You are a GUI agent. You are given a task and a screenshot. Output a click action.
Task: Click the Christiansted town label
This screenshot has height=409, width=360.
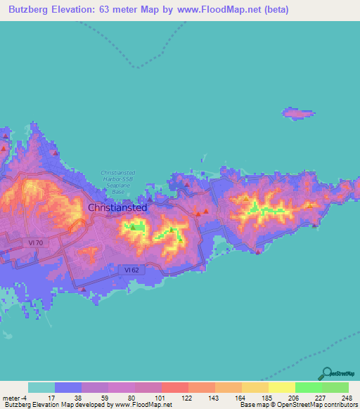[x=117, y=208]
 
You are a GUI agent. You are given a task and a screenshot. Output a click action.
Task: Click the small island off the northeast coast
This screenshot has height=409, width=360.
[x=297, y=113]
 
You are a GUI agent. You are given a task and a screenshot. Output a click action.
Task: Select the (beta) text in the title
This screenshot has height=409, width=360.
[x=272, y=11]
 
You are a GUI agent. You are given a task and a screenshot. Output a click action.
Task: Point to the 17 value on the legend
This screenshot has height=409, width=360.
[x=42, y=397]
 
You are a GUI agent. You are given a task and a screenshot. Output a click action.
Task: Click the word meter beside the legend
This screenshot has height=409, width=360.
[x=9, y=397]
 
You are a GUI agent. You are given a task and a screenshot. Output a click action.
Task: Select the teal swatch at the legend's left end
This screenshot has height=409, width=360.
[x=41, y=387]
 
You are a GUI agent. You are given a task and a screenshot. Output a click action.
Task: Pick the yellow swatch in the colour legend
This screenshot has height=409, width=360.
[x=281, y=387]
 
